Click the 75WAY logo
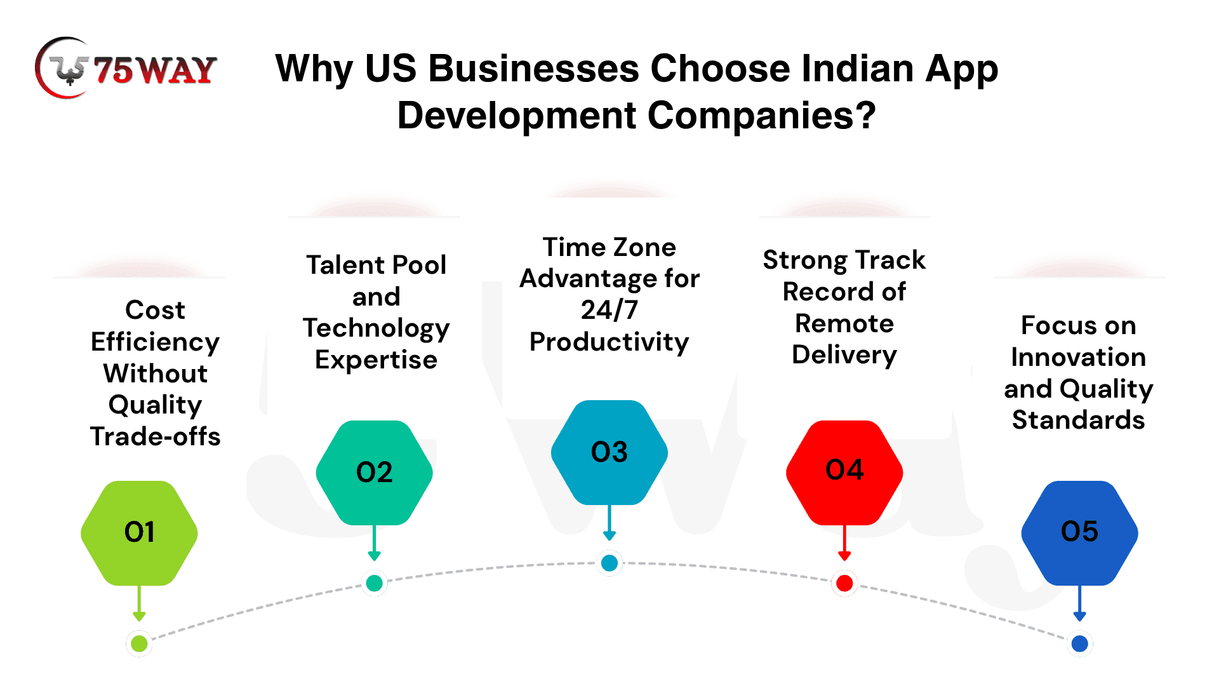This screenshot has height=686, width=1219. [126, 68]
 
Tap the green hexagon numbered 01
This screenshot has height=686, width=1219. [139, 533]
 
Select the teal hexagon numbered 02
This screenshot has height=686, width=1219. [374, 473]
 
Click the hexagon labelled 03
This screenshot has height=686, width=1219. [609, 452]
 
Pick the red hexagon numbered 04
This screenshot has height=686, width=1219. [844, 473]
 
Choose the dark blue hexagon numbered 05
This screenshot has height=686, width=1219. [1079, 533]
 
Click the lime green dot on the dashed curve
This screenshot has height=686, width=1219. [139, 643]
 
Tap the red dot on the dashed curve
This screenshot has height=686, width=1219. [844, 583]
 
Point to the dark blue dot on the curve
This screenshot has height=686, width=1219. [1079, 643]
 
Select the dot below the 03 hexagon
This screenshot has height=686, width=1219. [609, 563]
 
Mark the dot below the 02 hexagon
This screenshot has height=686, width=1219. [374, 582]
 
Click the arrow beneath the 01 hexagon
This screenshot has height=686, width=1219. [139, 603]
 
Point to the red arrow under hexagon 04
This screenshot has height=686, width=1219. [844, 543]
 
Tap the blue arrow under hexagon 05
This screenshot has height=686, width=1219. [1079, 603]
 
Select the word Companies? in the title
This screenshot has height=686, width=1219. [761, 116]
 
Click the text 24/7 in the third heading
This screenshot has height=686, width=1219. [609, 310]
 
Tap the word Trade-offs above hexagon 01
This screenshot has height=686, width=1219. [156, 436]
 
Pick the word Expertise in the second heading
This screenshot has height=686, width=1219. [376, 360]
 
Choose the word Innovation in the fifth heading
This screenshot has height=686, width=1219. [1079, 357]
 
